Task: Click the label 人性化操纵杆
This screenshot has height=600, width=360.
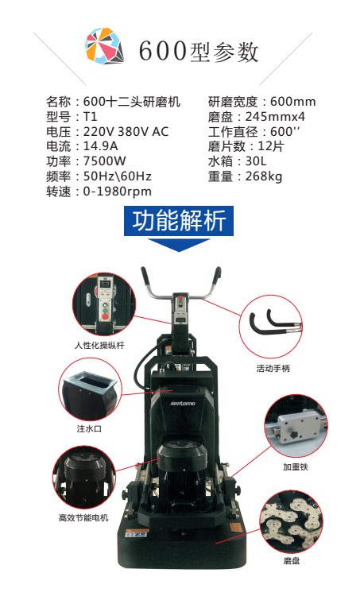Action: point(99,344)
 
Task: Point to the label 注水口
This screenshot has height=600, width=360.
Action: point(89,428)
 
